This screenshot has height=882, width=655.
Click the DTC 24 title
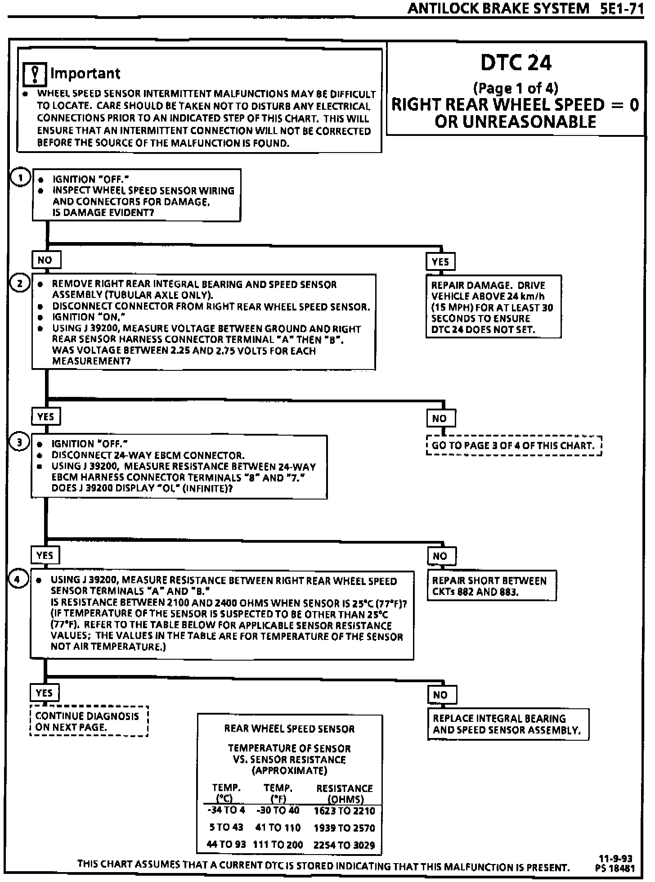point(516,63)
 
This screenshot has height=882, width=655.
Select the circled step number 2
point(20,283)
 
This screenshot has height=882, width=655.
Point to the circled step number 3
point(19,442)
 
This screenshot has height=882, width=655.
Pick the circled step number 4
point(18,579)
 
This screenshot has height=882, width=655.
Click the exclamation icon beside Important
point(35,74)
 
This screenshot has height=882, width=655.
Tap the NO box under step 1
point(45,260)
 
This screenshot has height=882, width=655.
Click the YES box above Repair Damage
point(440,261)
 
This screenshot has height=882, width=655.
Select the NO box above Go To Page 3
point(440,418)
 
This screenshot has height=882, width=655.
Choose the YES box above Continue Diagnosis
point(45,693)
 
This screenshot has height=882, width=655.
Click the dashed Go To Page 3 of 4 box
point(513,445)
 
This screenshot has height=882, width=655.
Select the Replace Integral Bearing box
point(507,724)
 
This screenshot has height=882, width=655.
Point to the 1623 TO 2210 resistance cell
point(344,811)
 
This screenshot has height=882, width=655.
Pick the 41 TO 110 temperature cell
point(278,828)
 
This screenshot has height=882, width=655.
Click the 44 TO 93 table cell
point(226,845)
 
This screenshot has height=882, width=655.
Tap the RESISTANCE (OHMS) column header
point(345,794)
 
